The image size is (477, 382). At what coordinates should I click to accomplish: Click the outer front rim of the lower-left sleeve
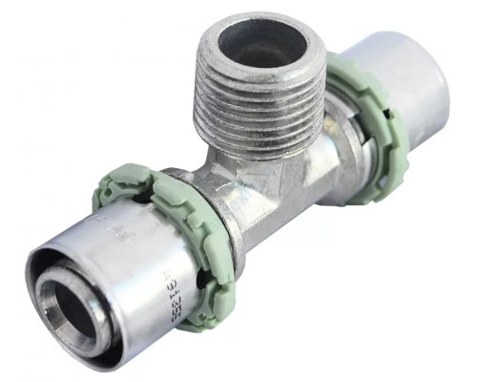pyautogui.click(x=43, y=286)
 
